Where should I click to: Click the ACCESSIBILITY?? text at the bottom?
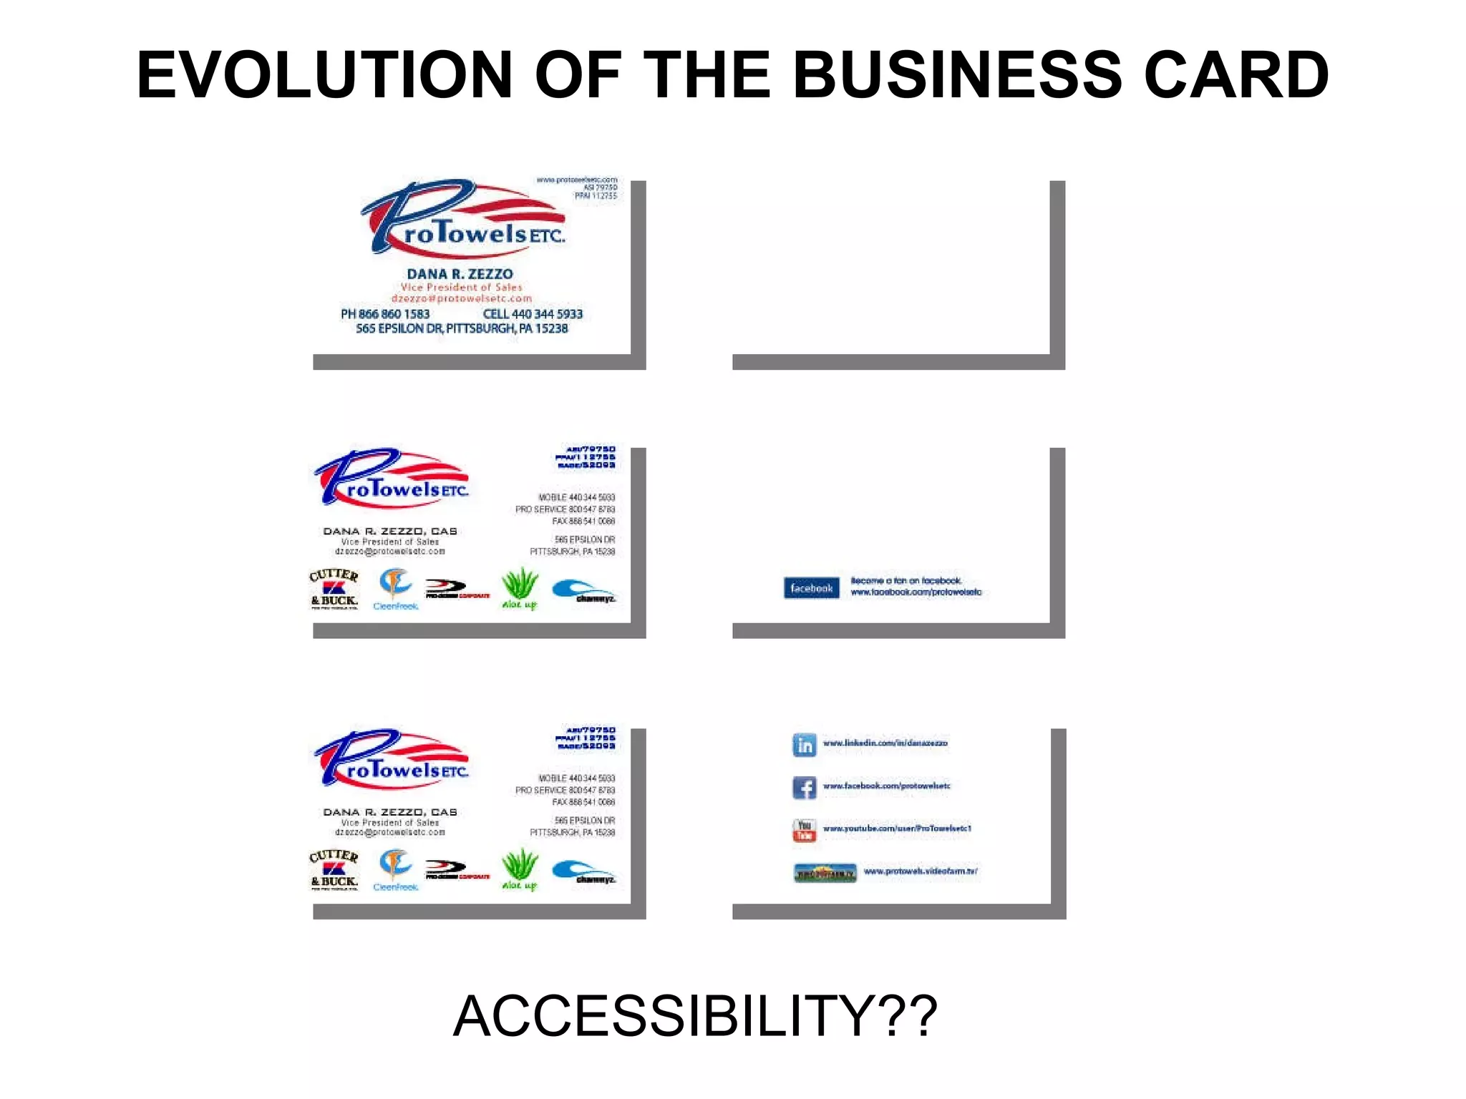[x=695, y=1016]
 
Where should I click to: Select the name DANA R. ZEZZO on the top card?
[x=460, y=274]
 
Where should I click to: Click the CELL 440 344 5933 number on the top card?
[x=533, y=314]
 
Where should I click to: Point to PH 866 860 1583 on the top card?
[x=385, y=314]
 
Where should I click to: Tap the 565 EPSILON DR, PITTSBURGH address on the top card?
[x=462, y=328]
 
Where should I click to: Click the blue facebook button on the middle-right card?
[x=811, y=588]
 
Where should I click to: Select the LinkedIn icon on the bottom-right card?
[x=805, y=745]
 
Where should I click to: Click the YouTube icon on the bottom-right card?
[x=805, y=830]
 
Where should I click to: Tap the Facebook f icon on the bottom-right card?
[x=805, y=787]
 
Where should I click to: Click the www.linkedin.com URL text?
[x=885, y=743]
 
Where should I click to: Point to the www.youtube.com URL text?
[x=897, y=829]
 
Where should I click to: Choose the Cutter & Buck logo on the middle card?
[x=334, y=589]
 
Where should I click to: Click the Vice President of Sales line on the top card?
[x=461, y=287]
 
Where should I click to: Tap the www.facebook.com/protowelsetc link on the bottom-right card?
[x=886, y=786]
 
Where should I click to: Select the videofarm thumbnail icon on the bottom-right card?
[x=825, y=873]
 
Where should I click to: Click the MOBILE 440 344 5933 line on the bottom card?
[x=576, y=778]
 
